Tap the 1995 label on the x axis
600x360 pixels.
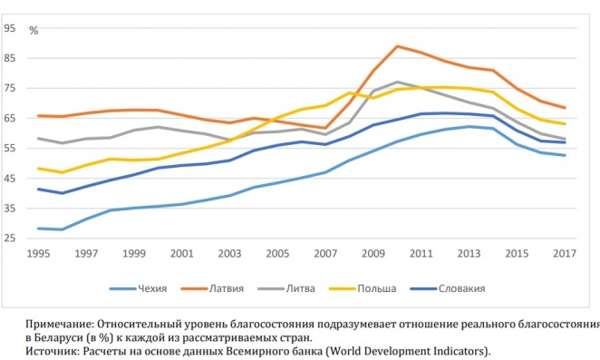pos(37,256)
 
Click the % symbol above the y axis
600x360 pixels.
pos(34,31)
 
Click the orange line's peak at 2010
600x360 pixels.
pos(397,46)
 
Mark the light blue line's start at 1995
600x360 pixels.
pos(37,229)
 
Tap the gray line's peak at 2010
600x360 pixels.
pos(397,82)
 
